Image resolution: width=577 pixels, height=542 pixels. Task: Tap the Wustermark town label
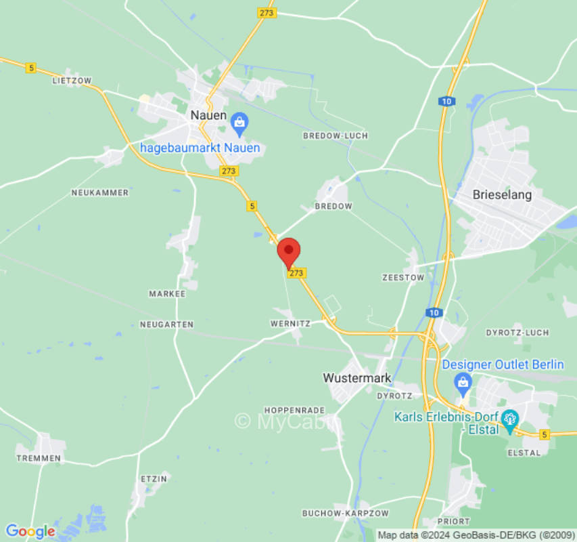coord(357,378)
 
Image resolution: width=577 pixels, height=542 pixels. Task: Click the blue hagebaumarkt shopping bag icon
coord(239,123)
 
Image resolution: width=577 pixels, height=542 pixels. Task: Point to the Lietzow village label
coord(71,81)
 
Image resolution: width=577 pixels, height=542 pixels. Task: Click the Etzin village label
coord(153,479)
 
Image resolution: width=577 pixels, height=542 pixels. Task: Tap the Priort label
coord(453,521)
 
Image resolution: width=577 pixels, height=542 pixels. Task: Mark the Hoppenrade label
coord(294,411)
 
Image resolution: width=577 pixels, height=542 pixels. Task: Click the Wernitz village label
coord(290,324)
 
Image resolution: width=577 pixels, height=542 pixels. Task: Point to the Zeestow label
coord(402,278)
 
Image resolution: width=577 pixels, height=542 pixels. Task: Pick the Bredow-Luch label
coord(335,135)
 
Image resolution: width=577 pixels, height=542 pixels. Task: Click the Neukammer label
coord(99,193)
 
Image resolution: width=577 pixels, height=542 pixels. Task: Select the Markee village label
coord(167,294)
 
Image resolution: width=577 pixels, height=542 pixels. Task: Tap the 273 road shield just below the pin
coord(296,273)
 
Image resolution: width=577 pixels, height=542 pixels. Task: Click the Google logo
coord(30,531)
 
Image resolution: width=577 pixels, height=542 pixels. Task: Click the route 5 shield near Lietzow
coord(31,68)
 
